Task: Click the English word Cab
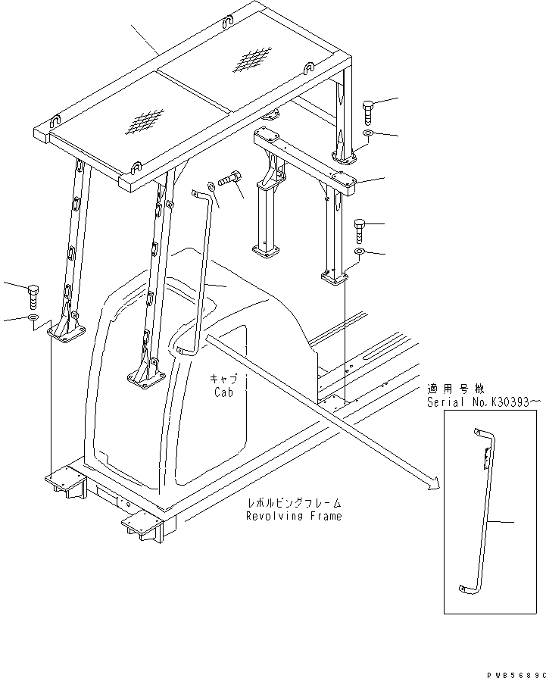pyautogui.click(x=223, y=393)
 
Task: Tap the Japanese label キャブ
pyautogui.click(x=223, y=378)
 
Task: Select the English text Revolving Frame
pyautogui.click(x=293, y=516)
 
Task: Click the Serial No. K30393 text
pyautogui.click(x=484, y=402)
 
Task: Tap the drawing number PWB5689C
pyautogui.click(x=513, y=672)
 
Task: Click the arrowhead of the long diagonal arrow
pyautogui.click(x=433, y=485)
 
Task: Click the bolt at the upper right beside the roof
pyautogui.click(x=368, y=112)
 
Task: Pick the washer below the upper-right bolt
pyautogui.click(x=367, y=134)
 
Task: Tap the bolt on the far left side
pyautogui.click(x=32, y=292)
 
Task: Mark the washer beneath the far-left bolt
pyautogui.click(x=33, y=317)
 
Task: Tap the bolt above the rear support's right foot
pyautogui.click(x=360, y=230)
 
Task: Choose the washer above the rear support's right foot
pyautogui.click(x=360, y=252)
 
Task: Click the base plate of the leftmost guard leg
pyautogui.click(x=67, y=330)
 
